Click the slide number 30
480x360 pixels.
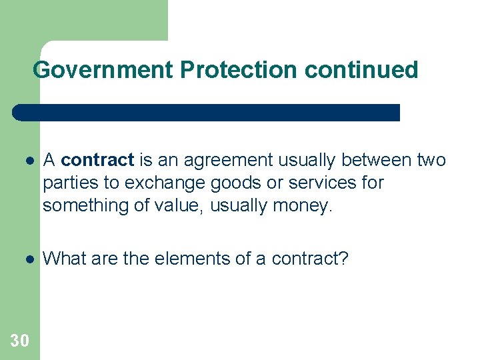(20, 341)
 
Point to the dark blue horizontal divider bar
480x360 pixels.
(207, 112)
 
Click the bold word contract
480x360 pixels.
(98, 160)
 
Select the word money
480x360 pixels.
(301, 205)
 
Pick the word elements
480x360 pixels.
(192, 259)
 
